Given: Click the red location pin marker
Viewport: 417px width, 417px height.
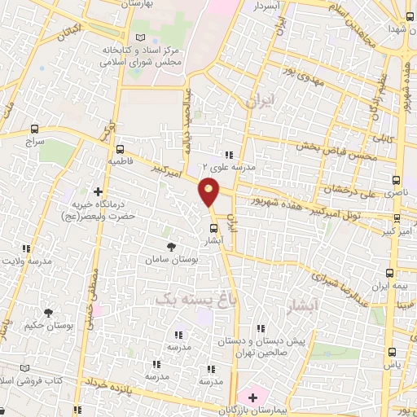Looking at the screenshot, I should tap(209, 191).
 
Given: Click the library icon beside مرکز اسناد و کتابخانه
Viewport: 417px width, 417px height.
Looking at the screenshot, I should tap(141, 38).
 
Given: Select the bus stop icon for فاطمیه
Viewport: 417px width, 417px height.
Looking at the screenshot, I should tap(121, 150).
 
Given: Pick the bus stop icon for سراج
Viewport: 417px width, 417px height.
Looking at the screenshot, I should tap(34, 129).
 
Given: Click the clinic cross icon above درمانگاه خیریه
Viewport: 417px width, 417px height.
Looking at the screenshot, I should tap(99, 169).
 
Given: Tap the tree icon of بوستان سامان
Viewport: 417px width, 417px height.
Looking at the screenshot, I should tap(170, 246).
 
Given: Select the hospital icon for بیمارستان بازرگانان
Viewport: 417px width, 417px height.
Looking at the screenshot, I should tap(252, 397).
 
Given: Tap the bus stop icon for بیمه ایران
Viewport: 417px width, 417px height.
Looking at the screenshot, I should tap(389, 273).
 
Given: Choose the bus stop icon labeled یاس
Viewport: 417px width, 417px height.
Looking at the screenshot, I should tap(393, 353).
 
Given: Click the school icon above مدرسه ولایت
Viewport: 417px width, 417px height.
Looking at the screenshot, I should tap(26, 248).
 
